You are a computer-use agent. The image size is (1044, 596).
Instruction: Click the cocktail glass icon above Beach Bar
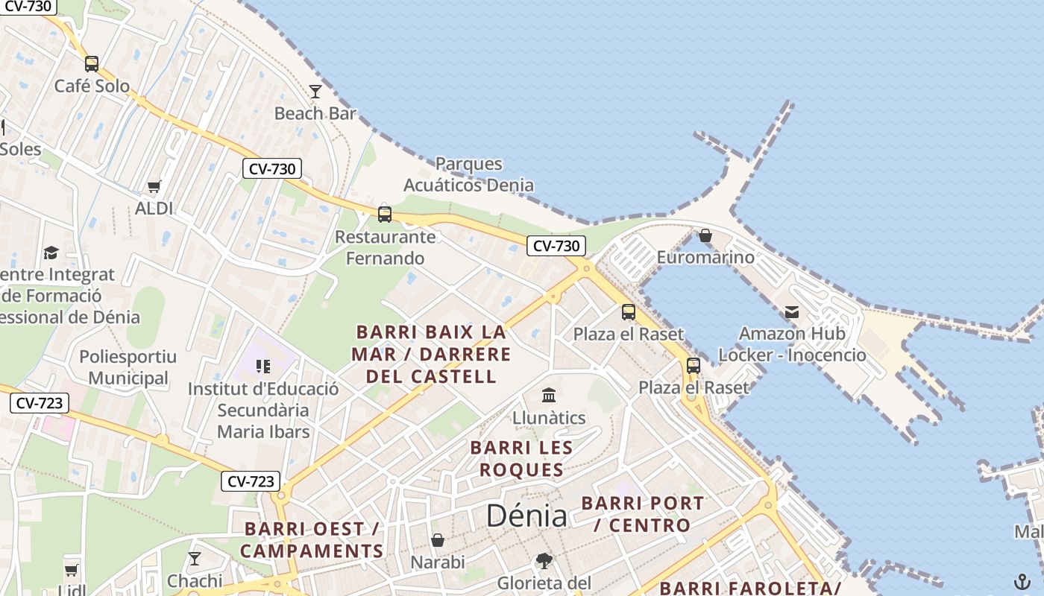coord(315,92)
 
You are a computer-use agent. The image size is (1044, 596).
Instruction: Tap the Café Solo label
coord(92,86)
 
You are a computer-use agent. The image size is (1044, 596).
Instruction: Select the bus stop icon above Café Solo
coord(92,64)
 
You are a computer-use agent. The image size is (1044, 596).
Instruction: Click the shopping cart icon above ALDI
coord(154,186)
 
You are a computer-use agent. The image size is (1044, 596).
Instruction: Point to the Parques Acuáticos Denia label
coord(469,174)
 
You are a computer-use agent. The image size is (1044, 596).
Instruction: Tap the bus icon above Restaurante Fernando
coord(385,215)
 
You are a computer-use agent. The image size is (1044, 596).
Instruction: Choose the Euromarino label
coord(705,258)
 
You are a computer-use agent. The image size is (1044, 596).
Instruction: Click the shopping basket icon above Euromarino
coord(705,236)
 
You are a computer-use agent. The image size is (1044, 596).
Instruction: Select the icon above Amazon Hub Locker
coord(791,311)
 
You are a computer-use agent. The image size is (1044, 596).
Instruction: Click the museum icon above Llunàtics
coord(549,395)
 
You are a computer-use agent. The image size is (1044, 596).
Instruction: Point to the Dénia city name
coord(526,516)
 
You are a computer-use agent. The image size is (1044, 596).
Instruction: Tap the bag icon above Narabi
coord(438,540)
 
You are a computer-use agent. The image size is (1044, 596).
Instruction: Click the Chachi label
coord(195,580)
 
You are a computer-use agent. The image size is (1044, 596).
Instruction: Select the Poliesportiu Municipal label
coord(128,367)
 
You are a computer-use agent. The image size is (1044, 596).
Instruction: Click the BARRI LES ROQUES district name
coord(521,459)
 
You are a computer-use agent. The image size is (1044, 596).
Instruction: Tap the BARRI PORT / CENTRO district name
coord(642,514)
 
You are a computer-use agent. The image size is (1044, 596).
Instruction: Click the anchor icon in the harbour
coord(1021,581)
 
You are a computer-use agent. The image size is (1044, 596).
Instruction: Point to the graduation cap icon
coord(51,253)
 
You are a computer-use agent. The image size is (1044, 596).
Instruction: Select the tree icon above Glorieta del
coord(544,561)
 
